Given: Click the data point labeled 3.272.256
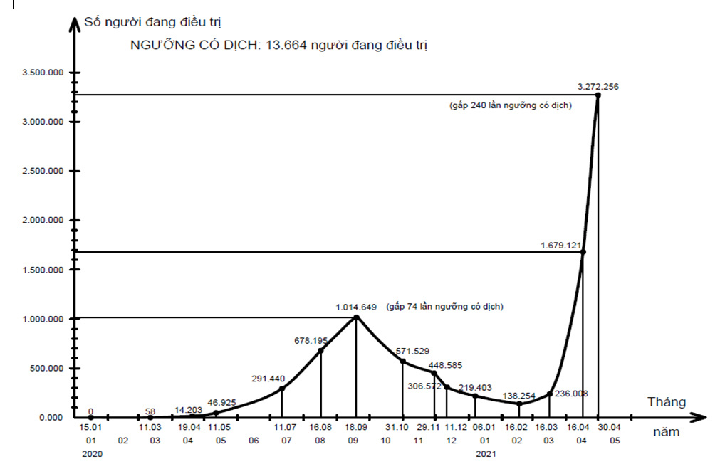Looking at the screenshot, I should (598, 95).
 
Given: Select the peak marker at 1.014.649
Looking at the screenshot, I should (357, 317).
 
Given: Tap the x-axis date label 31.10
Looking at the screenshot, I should (397, 427).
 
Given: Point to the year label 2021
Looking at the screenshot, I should (485, 453).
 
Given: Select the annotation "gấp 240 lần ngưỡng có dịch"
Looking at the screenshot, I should (511, 105).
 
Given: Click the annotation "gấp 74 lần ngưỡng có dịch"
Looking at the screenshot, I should (445, 307).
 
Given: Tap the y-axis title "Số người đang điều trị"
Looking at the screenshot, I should (147, 23).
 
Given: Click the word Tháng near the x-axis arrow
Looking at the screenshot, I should (667, 402).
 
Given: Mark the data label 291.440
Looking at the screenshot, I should (268, 379).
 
